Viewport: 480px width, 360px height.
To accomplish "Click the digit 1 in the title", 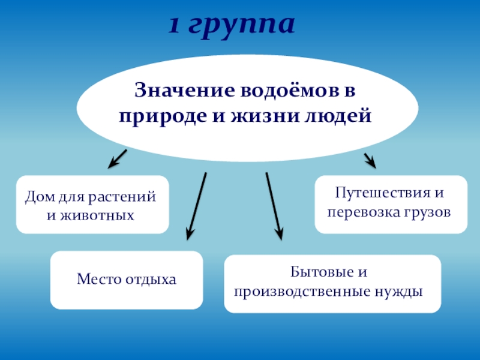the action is pyautogui.click(x=174, y=26).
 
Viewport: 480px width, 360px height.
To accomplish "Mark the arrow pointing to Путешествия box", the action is pyautogui.click(x=370, y=160).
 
